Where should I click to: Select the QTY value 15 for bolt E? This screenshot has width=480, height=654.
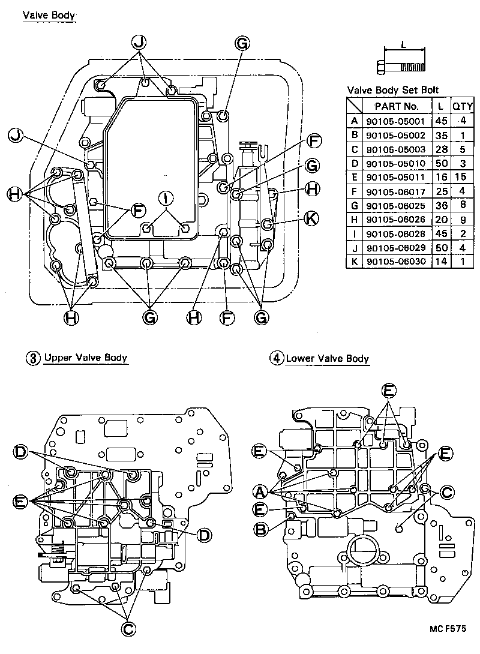(462, 178)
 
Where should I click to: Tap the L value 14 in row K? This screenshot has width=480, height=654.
(441, 262)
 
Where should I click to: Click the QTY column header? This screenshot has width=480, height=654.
(462, 106)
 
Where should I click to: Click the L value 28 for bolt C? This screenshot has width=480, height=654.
(441, 149)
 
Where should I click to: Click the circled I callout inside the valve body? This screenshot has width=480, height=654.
(166, 198)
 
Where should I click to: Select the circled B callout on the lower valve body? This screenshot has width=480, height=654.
(260, 529)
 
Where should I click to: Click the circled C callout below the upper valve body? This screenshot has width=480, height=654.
(128, 628)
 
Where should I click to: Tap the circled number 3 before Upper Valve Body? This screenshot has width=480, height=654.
(32, 358)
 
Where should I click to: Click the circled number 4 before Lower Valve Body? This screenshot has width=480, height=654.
(276, 359)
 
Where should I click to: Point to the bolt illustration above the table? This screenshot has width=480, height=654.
(403, 65)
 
